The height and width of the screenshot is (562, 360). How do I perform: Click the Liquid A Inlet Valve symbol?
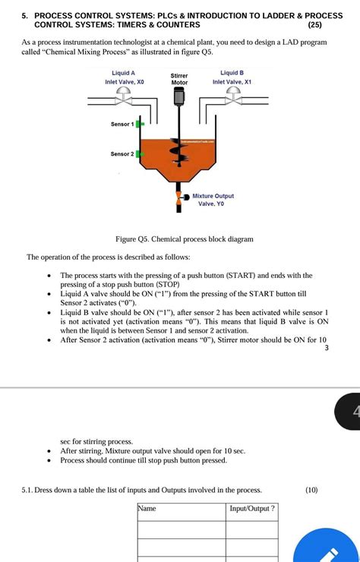tap(123, 96)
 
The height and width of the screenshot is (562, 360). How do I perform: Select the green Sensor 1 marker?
tap(140, 123)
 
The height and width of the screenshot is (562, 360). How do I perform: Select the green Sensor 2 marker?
tap(140, 153)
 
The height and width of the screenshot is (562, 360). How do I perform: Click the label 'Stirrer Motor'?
tap(179, 79)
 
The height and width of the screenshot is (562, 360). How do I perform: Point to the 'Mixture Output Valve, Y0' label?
tap(213, 200)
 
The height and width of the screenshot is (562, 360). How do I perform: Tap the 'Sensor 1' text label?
tap(122, 123)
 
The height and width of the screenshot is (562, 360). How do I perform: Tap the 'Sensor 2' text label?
tap(122, 153)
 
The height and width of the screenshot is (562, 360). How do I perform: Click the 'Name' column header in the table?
tap(147, 508)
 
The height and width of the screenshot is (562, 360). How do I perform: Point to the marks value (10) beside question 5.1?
tap(311, 490)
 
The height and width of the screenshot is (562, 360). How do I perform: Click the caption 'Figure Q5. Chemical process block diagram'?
tap(185, 238)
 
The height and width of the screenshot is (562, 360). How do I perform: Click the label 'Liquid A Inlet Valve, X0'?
tap(123, 77)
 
